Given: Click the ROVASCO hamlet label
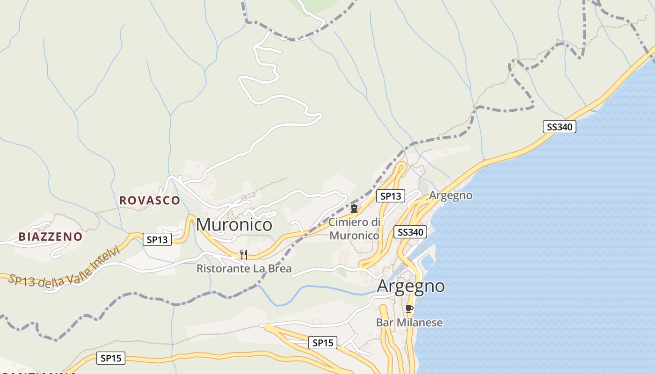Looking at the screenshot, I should click(x=149, y=200).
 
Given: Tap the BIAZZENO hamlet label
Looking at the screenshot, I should click(x=51, y=237).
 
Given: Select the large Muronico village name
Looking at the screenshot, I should click(x=234, y=224).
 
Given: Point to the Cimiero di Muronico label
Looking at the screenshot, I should click(x=354, y=229).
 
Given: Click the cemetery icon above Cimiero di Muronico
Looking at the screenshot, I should click(x=354, y=209).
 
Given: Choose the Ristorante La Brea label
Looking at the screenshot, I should click(x=244, y=268).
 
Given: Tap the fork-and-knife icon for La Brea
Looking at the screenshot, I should click(x=243, y=255).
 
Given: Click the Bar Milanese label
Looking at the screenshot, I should click(x=409, y=323).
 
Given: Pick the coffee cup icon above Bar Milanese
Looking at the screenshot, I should click(x=409, y=309).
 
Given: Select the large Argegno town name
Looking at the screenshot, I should click(x=411, y=286).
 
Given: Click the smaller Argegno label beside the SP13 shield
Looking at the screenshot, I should click(x=451, y=195).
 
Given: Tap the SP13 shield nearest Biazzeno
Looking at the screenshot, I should click(x=157, y=240).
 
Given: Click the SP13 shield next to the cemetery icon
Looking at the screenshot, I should click(x=391, y=196).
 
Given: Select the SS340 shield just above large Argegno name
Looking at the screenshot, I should click(x=410, y=232).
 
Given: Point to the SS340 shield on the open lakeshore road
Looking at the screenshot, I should click(x=559, y=127).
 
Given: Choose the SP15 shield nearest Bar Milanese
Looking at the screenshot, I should click(x=323, y=343).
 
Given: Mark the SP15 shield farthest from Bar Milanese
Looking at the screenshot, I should click(x=111, y=359).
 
